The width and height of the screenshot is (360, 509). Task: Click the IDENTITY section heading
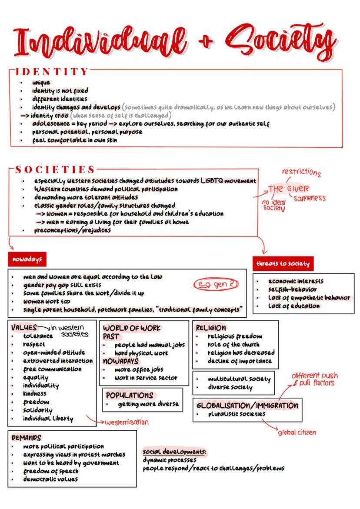tap(52, 71)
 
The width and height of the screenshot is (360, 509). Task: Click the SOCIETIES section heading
tap(55, 170)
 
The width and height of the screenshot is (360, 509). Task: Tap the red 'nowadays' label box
tap(27, 259)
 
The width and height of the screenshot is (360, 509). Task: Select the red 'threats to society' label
tap(283, 263)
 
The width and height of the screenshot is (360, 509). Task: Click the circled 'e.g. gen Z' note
tap(216, 285)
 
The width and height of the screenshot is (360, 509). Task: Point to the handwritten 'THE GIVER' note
tap(288, 189)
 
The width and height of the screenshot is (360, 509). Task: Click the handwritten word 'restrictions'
tap(301, 172)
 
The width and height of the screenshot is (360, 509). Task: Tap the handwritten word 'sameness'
tap(309, 198)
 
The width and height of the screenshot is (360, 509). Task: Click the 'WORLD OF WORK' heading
tap(132, 328)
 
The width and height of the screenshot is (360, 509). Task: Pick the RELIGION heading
tap(211, 328)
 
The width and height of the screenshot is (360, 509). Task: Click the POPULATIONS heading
tap(130, 395)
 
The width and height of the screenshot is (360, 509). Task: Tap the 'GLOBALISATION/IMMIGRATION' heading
tap(247, 406)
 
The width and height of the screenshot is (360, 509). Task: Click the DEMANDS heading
tap(26, 438)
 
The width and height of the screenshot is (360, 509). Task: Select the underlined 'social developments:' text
tap(174, 452)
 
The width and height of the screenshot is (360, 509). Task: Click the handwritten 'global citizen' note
tap(297, 432)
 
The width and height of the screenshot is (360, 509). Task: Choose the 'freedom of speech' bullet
tap(51, 471)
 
